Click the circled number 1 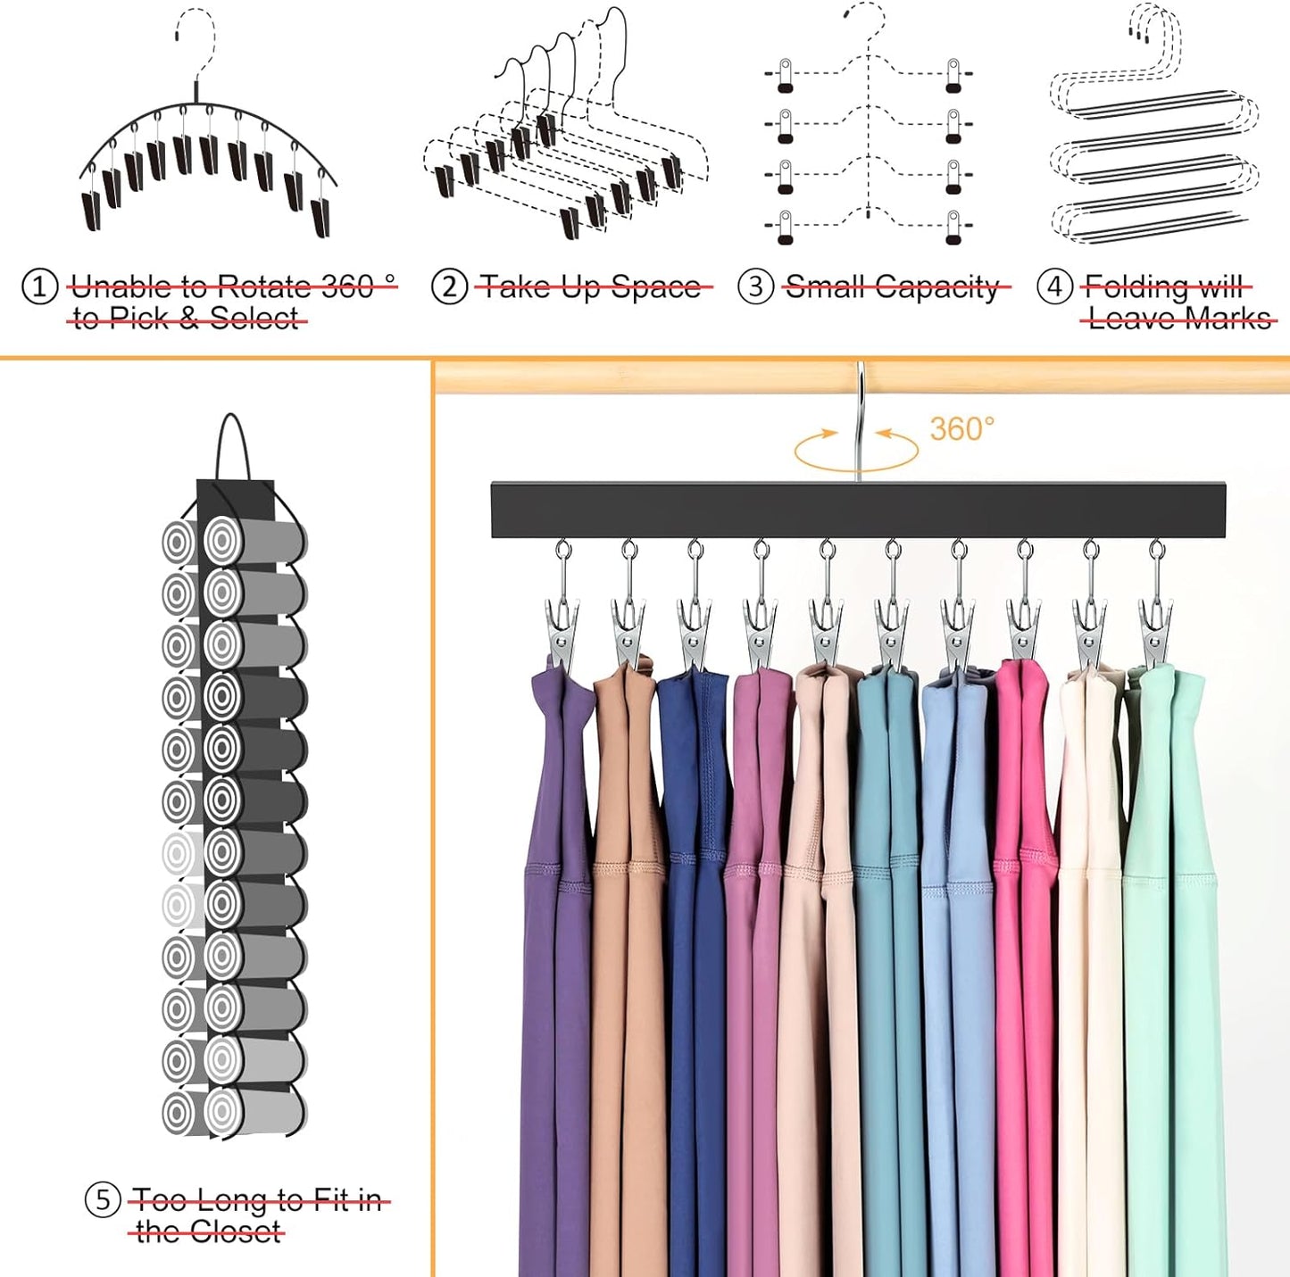(39, 287)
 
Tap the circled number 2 (449, 287)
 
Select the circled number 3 (756, 286)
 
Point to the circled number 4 (1055, 286)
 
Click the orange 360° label (962, 429)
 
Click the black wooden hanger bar (858, 510)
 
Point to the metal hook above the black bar (860, 421)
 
